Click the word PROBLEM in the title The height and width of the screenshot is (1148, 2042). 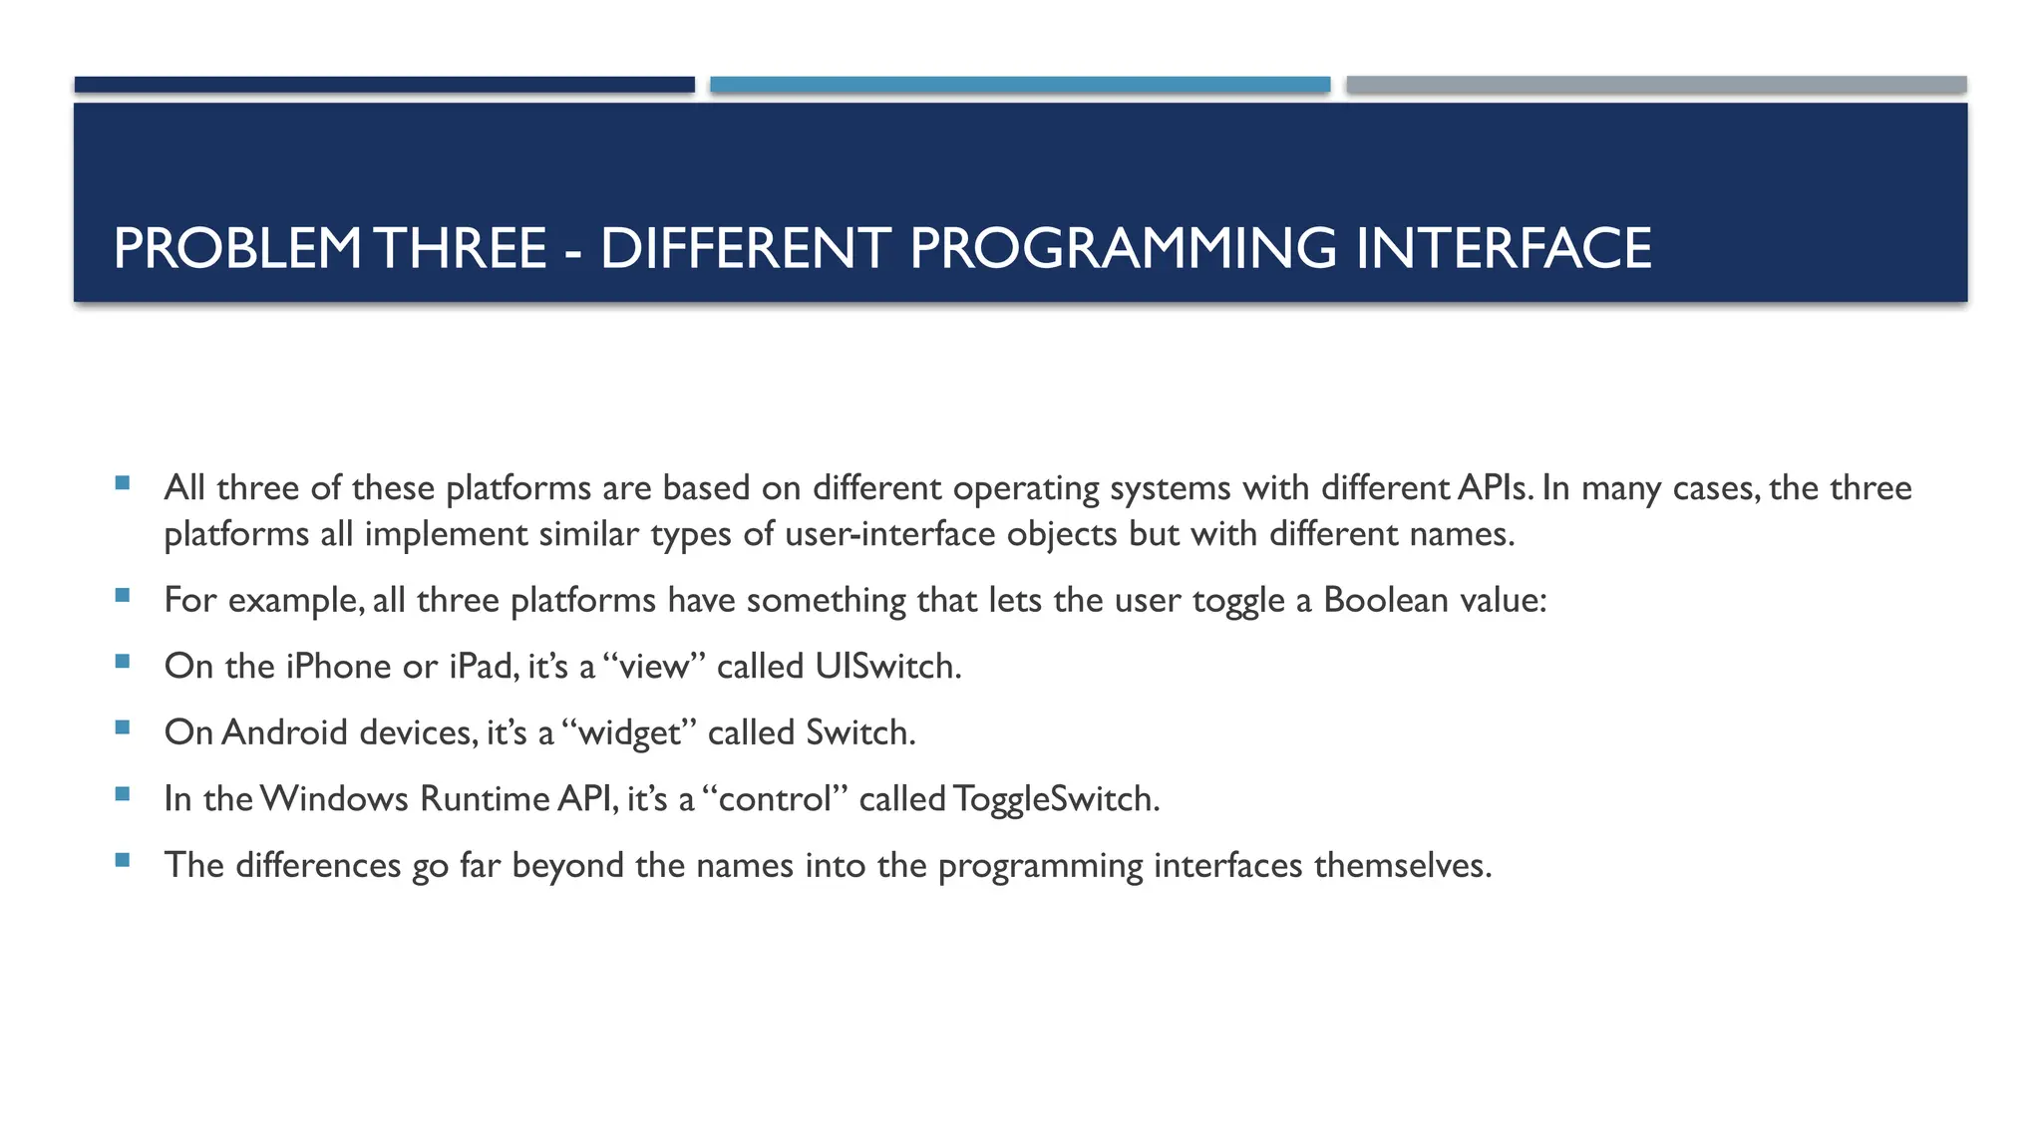pyautogui.click(x=236, y=248)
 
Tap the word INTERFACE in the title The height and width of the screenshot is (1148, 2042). pyautogui.click(x=1503, y=248)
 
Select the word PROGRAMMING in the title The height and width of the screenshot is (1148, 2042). pyautogui.click(x=1122, y=248)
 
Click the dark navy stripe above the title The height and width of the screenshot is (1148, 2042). pyautogui.click(x=384, y=85)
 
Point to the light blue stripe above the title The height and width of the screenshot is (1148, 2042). pyautogui.click(x=1020, y=85)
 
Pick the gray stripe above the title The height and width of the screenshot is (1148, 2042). pyautogui.click(x=1656, y=85)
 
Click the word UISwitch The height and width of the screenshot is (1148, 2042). pyautogui.click(x=886, y=666)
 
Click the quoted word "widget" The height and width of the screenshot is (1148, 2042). pyautogui.click(x=629, y=732)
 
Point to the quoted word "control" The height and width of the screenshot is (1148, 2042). pyautogui.click(x=775, y=798)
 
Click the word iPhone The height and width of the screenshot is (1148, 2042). pyautogui.click(x=338, y=666)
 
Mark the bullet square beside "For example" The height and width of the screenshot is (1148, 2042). pyautogui.click(x=123, y=596)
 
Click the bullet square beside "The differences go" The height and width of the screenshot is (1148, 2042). pyautogui.click(x=123, y=860)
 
